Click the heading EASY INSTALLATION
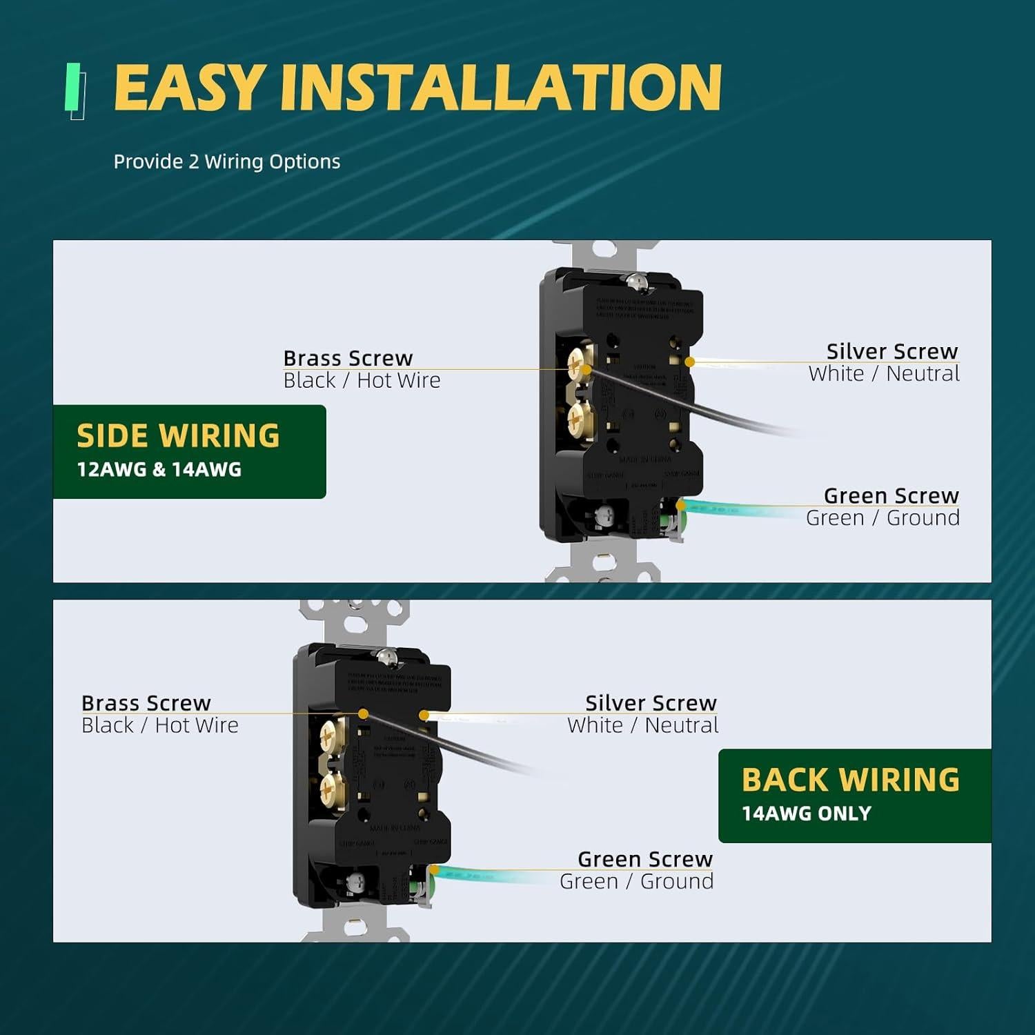coord(417,88)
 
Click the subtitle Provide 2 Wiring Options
coord(227,161)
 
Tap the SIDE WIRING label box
coord(189,451)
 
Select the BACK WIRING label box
coord(854,795)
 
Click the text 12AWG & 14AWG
coord(159,470)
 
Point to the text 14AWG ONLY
coord(806,814)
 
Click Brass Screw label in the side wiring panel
coord(348,358)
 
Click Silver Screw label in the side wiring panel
coord(891,351)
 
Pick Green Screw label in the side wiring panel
coord(891,495)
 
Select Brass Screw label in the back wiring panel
coord(146,702)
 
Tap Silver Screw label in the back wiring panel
coord(651,702)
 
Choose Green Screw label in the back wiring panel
coord(644,859)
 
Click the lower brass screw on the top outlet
coord(580,417)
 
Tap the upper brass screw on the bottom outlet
coord(333,734)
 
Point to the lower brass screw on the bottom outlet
coord(333,785)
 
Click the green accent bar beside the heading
coord(72,87)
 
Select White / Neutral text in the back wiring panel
coord(642,725)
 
